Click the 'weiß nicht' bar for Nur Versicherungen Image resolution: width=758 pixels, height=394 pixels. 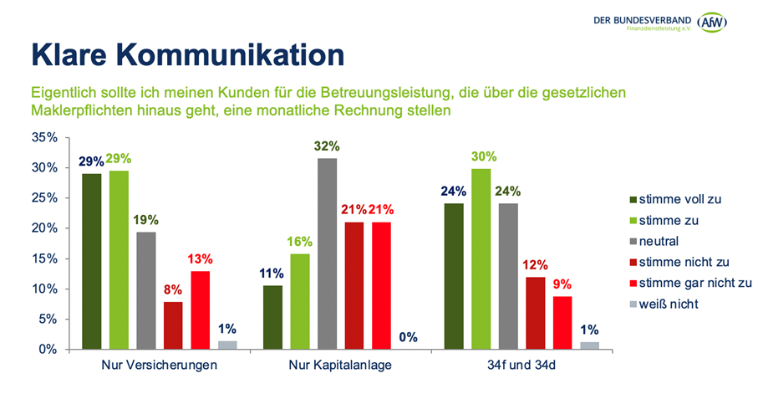pyautogui.click(x=227, y=345)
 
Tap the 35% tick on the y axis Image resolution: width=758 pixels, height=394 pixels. pyautogui.click(x=45, y=138)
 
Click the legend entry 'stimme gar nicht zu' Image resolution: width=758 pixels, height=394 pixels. pyautogui.click(x=691, y=283)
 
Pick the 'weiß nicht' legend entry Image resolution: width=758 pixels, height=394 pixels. pyautogui.click(x=669, y=304)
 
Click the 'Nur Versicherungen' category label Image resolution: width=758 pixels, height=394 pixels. pyautogui.click(x=160, y=366)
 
